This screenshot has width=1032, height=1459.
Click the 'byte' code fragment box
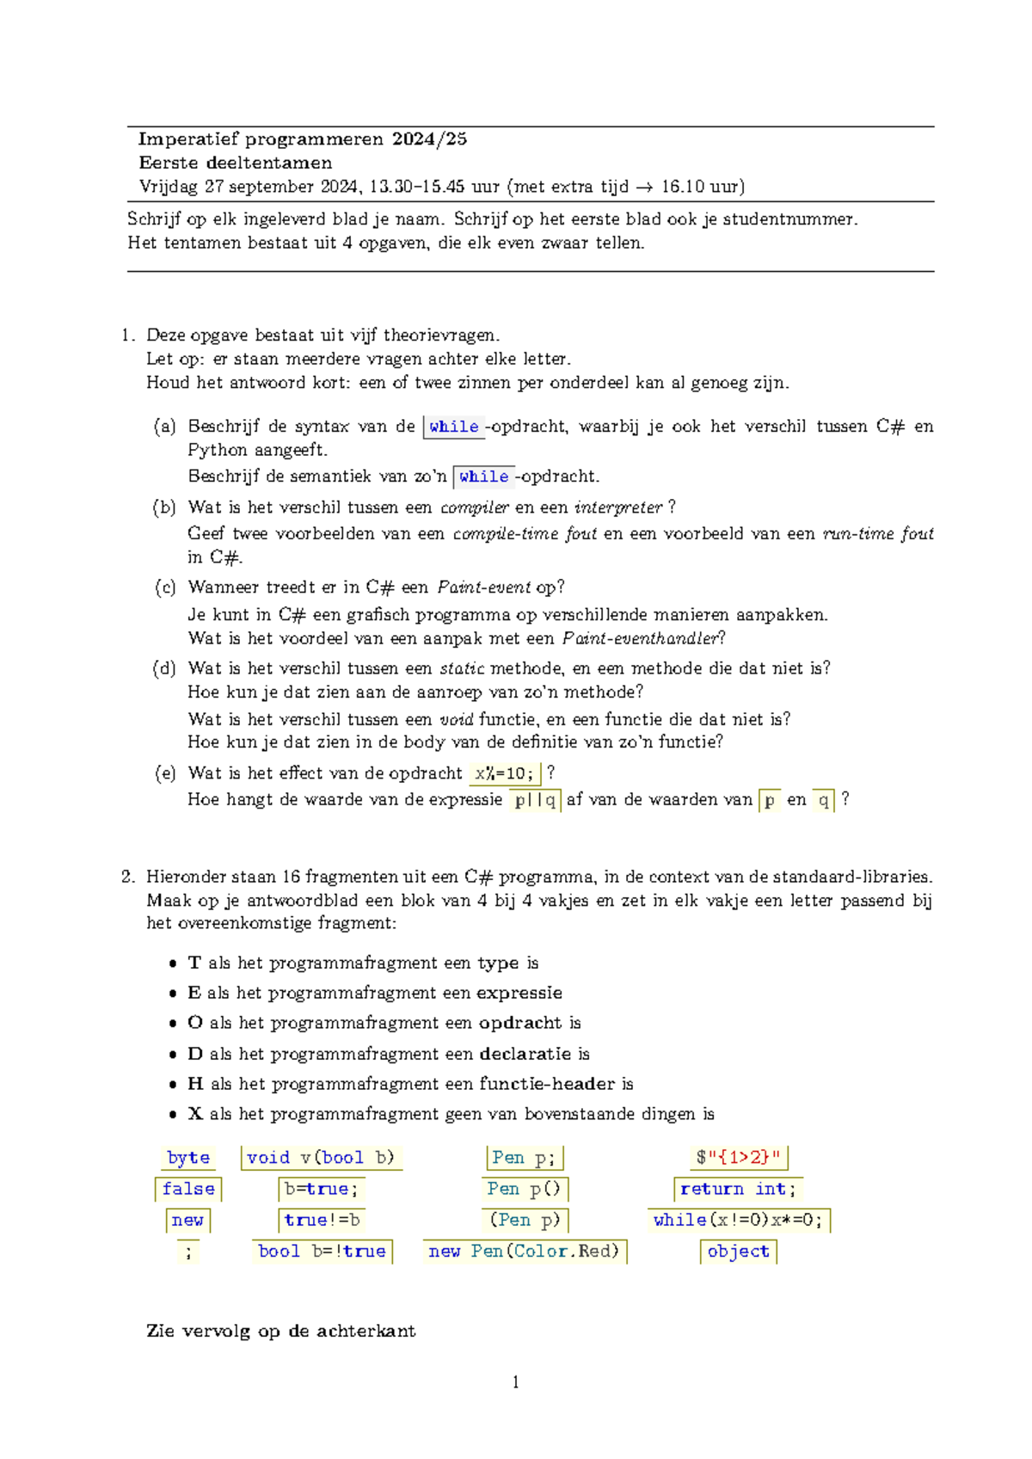(x=188, y=1158)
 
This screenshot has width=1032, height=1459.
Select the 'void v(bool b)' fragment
(x=320, y=1158)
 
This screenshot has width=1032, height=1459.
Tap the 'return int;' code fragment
(x=738, y=1189)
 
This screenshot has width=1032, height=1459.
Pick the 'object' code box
(x=738, y=1252)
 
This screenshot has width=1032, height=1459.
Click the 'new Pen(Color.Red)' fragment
(x=524, y=1252)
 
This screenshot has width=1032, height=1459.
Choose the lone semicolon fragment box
(x=188, y=1252)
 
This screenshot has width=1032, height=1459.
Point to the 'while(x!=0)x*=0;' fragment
(x=738, y=1220)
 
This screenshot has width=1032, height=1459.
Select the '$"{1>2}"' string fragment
(x=738, y=1158)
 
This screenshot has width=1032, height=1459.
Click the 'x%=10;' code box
(x=505, y=773)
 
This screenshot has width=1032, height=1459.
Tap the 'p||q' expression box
(x=535, y=800)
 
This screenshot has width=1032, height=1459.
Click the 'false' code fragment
(x=188, y=1189)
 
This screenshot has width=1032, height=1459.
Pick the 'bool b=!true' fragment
(x=322, y=1252)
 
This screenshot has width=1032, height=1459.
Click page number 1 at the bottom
(x=515, y=1382)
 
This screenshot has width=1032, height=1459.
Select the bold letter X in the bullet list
(x=195, y=1114)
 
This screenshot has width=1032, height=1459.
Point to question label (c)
(x=165, y=588)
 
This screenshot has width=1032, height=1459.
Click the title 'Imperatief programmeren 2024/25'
(x=303, y=139)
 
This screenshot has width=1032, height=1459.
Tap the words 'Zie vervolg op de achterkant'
(x=281, y=1331)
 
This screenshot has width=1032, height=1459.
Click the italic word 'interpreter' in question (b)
(x=618, y=508)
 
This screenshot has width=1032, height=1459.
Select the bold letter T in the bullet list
(x=194, y=963)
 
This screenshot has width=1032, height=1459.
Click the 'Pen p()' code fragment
(x=524, y=1189)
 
